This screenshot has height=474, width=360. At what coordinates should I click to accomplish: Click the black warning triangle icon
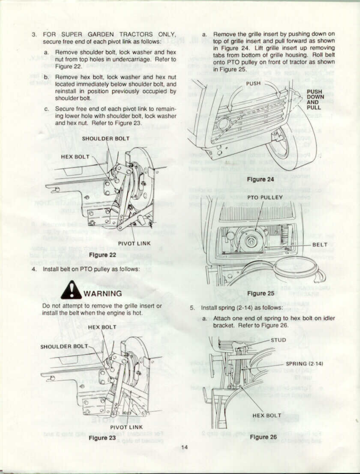[x=71, y=290]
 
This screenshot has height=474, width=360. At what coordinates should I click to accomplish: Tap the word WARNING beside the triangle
[x=103, y=293]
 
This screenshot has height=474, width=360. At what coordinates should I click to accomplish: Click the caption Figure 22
[x=103, y=255]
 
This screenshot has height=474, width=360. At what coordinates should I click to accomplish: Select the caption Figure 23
[x=102, y=438]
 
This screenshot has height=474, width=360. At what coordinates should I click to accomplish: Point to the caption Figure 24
[x=260, y=179]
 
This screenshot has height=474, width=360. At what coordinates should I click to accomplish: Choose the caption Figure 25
[x=261, y=293]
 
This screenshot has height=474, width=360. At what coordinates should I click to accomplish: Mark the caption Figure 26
[x=263, y=437]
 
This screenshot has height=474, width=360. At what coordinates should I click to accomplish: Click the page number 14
[x=184, y=447]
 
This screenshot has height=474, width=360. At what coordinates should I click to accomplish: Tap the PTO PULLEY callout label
[x=265, y=197]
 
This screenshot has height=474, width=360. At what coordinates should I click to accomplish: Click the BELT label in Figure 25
[x=320, y=245]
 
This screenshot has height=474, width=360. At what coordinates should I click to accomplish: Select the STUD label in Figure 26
[x=278, y=340]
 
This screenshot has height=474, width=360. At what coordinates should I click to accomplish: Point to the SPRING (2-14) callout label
[x=304, y=364]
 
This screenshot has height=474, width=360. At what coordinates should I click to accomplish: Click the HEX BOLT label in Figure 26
[x=267, y=415]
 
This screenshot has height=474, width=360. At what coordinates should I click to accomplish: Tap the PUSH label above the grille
[x=253, y=83]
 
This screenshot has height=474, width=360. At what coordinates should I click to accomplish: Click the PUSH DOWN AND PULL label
[x=314, y=99]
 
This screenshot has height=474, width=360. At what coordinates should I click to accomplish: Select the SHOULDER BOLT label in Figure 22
[x=106, y=139]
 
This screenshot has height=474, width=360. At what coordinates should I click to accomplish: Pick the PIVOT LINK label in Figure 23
[x=126, y=427]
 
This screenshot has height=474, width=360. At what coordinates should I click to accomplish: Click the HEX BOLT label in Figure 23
[x=102, y=327]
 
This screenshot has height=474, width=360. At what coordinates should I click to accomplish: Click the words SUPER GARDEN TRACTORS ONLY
[x=118, y=35]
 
